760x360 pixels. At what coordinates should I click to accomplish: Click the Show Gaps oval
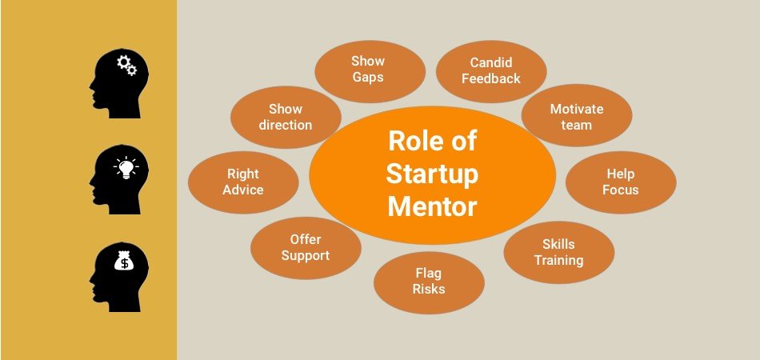pos(370,71)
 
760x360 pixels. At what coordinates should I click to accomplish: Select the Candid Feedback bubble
pos(491,71)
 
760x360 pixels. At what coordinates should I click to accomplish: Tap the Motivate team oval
pos(576,115)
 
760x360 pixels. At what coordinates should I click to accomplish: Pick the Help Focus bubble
pos(621,182)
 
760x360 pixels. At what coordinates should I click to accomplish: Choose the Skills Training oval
pos(559,253)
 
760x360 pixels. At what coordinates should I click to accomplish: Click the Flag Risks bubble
pos(429,282)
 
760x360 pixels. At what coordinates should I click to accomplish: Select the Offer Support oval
pos(306,248)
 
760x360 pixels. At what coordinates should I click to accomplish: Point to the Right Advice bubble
pos(243,182)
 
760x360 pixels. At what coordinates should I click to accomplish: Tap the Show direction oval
pos(286,118)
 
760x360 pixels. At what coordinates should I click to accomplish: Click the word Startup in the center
pos(432,175)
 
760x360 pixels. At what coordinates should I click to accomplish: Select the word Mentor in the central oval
pos(432,207)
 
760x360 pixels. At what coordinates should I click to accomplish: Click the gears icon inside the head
pos(126,65)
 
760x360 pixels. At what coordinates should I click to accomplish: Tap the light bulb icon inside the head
pos(126,168)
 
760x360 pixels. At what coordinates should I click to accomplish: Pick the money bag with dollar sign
pos(125,261)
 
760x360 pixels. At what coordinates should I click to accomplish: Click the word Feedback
pos(491,79)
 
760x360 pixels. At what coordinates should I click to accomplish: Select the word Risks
pos(429,290)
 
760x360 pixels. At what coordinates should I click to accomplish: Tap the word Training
pos(559,260)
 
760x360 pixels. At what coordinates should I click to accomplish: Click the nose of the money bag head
pos(91,281)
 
